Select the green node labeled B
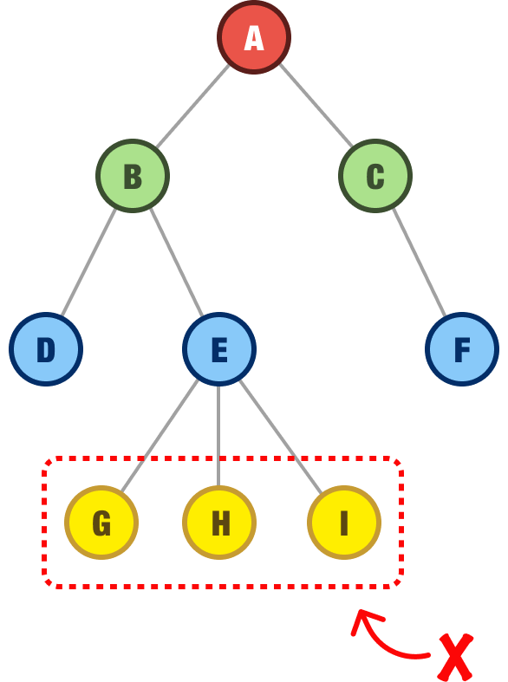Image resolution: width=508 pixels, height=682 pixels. click(x=132, y=176)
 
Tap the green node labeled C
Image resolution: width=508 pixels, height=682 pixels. click(x=374, y=176)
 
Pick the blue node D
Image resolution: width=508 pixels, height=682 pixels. click(x=46, y=349)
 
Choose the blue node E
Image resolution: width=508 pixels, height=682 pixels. click(x=218, y=349)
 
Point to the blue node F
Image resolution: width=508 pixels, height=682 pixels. click(x=461, y=349)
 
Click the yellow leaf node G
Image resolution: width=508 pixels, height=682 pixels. click(x=101, y=523)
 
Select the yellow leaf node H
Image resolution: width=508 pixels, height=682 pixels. click(x=219, y=523)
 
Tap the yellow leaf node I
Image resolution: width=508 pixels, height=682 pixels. click(x=343, y=523)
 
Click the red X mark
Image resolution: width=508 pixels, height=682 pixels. click(x=455, y=658)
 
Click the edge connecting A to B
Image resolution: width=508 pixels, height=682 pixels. click(x=192, y=106)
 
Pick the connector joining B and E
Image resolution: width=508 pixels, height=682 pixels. click(x=176, y=262)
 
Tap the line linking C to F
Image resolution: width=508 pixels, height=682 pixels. click(x=419, y=262)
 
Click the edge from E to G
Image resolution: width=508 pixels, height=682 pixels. click(x=161, y=433)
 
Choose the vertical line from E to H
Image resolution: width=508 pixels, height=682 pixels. click(x=218, y=433)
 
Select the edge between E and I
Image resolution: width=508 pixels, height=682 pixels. click(x=279, y=433)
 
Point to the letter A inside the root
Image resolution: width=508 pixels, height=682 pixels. click(x=253, y=38)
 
